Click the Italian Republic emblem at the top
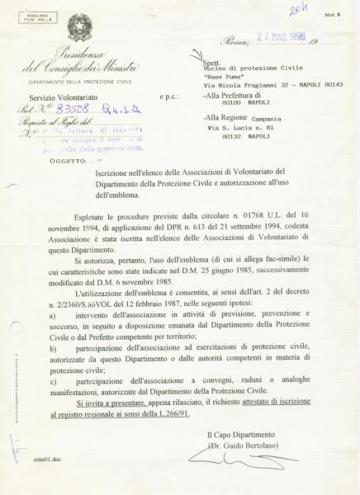click(80, 27)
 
